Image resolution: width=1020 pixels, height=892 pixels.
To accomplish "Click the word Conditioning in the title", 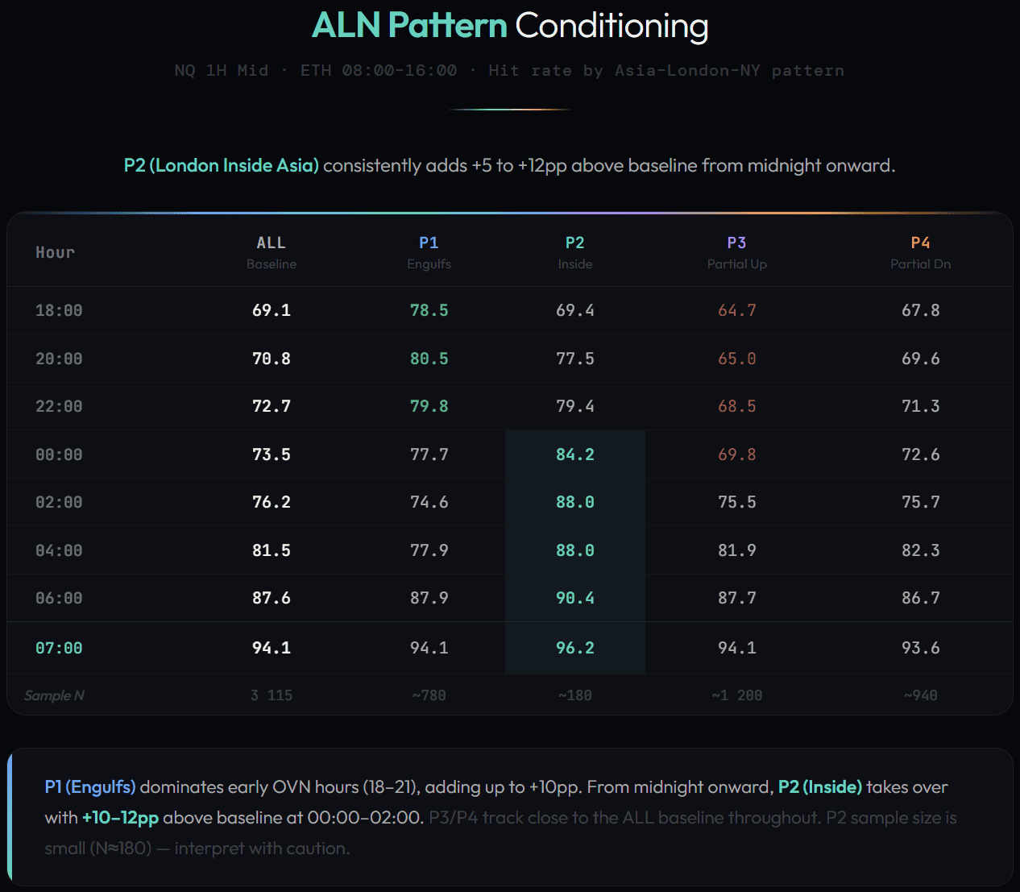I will coord(612,26).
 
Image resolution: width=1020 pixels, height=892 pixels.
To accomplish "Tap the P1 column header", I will coord(429,243).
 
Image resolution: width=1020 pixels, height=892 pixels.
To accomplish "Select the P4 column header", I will coord(920,243).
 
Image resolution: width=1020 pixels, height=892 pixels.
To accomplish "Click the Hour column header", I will coord(55,252).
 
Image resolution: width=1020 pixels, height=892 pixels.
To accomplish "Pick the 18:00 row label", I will coord(59,310).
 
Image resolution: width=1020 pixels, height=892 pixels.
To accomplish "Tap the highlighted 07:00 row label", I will coord(59,648).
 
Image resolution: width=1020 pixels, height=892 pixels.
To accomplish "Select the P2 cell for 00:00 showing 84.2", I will coord(574,454).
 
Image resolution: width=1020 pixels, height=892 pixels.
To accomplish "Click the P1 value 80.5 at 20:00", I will coord(429,359).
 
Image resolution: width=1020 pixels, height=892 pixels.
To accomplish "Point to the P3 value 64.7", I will coord(736,310).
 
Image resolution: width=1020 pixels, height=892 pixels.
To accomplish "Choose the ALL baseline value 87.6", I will coord(271,598).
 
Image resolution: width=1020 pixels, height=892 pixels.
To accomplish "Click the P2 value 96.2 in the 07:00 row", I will coord(574,648).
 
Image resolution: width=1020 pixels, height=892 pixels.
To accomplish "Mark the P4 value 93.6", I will coord(920,648).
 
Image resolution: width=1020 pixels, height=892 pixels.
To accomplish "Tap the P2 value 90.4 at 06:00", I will coord(574,598).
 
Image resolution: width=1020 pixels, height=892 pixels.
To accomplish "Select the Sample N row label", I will coord(54,695).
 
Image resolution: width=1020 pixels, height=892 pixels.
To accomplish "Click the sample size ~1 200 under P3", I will coord(736,695).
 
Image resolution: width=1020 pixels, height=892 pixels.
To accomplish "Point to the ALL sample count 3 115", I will coord(271,695).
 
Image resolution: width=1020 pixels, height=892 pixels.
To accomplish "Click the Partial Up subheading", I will coord(736,264).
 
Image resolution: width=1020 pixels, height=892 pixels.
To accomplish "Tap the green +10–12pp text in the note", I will coord(120,818).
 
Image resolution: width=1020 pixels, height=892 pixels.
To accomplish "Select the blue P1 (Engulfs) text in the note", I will coord(90,787).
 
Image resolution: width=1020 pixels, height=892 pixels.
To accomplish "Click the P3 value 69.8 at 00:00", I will coord(736,454).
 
